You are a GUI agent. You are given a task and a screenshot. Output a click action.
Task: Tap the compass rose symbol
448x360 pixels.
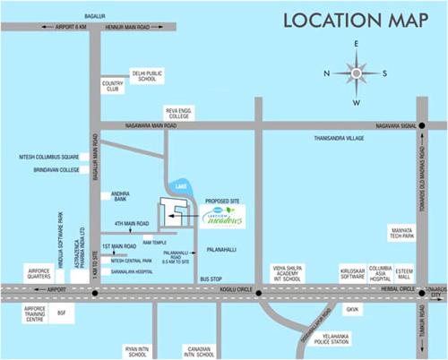[356, 73]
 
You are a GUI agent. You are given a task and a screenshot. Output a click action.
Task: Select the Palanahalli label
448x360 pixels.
[226, 241]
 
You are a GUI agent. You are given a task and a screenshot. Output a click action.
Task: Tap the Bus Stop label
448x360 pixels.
[211, 279]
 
